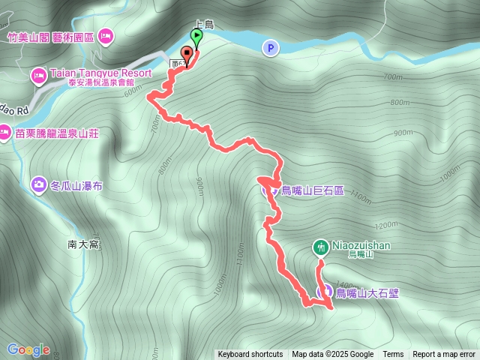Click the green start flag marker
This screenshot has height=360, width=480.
point(196,35)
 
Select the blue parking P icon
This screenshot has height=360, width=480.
point(270,49)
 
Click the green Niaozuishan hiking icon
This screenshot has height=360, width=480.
point(320,247)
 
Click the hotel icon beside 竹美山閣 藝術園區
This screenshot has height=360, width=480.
point(106,35)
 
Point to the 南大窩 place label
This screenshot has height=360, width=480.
point(83,244)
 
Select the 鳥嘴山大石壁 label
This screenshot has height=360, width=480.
point(367,292)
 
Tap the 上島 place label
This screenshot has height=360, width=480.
point(204,23)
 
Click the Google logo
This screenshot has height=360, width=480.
point(28,349)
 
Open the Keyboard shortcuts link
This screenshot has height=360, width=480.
point(250,355)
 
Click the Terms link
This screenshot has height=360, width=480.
point(393,355)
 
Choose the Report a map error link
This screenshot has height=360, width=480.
point(444,355)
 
